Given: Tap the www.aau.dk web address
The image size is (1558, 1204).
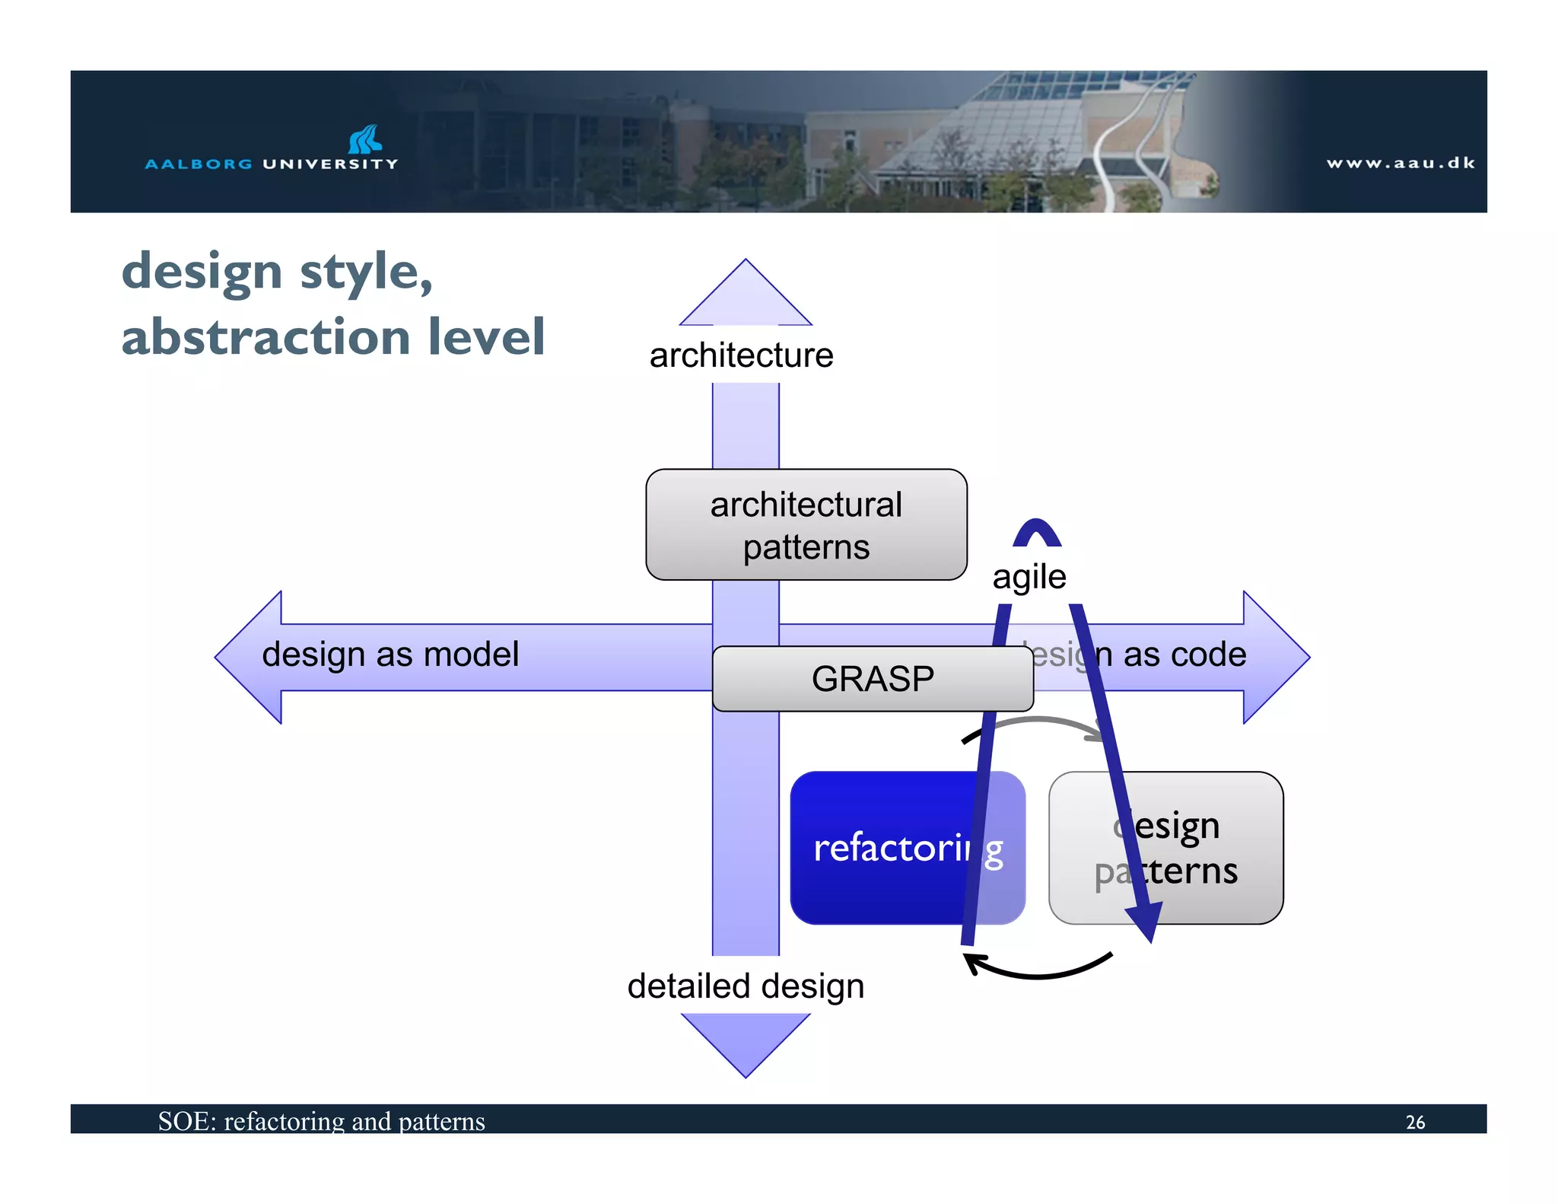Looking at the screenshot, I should (1401, 163).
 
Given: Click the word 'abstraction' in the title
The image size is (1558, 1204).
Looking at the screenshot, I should (266, 337).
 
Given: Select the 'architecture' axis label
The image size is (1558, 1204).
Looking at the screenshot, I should (741, 355).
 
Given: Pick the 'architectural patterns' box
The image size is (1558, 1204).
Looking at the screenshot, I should (806, 525).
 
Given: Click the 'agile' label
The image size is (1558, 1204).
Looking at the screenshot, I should (1029, 577).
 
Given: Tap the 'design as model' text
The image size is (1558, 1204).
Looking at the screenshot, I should (390, 655).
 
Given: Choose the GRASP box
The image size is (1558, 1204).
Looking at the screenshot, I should (872, 679).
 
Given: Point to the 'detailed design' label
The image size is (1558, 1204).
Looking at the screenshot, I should (745, 986).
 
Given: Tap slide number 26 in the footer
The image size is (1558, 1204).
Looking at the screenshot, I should (1415, 1122).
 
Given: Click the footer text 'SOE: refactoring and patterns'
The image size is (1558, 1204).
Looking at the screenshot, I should (321, 1121).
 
